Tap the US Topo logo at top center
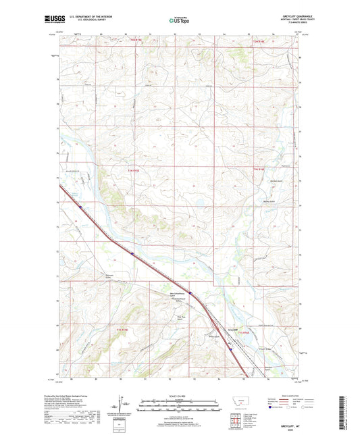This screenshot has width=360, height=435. [178, 20]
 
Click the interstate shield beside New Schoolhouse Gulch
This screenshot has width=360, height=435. [191, 292]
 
